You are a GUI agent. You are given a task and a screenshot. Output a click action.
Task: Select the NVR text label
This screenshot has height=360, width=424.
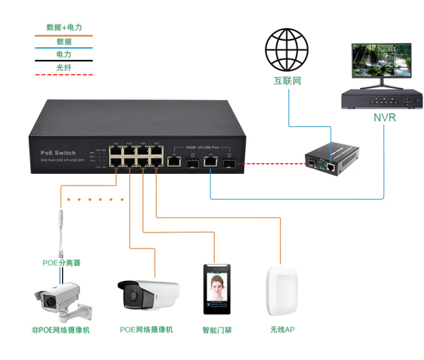click(384, 117)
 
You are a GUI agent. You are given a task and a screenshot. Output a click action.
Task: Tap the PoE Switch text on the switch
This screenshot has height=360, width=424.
click(54, 153)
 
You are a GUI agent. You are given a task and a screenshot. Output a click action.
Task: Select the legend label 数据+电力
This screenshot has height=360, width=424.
click(63, 28)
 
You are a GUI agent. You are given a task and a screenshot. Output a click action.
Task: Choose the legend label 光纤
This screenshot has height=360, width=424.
click(63, 67)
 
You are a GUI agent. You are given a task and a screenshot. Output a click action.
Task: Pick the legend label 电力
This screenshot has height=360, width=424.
click(63, 54)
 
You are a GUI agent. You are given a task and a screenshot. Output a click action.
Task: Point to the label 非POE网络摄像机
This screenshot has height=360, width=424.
click(61, 330)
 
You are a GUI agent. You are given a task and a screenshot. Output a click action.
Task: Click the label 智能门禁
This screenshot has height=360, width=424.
click(217, 330)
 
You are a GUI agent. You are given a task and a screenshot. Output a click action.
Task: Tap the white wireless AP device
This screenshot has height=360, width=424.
click(282, 292)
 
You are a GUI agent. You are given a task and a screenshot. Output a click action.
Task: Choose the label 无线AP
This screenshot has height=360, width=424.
click(282, 330)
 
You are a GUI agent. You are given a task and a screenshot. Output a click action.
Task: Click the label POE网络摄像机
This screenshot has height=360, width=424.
click(147, 330)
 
